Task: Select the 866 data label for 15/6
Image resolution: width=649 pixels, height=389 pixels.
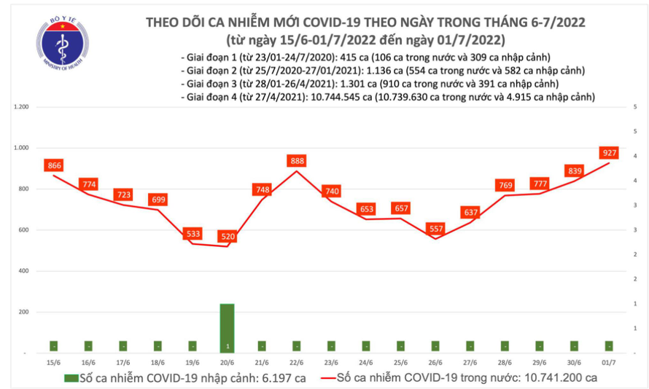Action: (x=54, y=165)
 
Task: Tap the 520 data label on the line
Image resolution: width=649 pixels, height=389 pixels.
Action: (x=227, y=236)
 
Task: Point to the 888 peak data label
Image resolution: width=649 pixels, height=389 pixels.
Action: (x=297, y=160)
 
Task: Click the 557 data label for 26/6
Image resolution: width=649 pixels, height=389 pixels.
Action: (x=436, y=228)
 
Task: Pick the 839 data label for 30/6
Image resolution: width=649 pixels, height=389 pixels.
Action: (x=575, y=170)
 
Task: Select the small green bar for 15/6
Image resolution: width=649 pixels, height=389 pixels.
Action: (x=54, y=345)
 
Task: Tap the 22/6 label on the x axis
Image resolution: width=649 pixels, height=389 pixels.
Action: (x=296, y=362)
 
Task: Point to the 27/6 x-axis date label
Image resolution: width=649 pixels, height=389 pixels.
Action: (x=470, y=362)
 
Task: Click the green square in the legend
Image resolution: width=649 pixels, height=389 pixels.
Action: (x=70, y=378)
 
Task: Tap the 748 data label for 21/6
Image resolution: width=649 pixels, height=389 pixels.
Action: (x=262, y=189)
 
